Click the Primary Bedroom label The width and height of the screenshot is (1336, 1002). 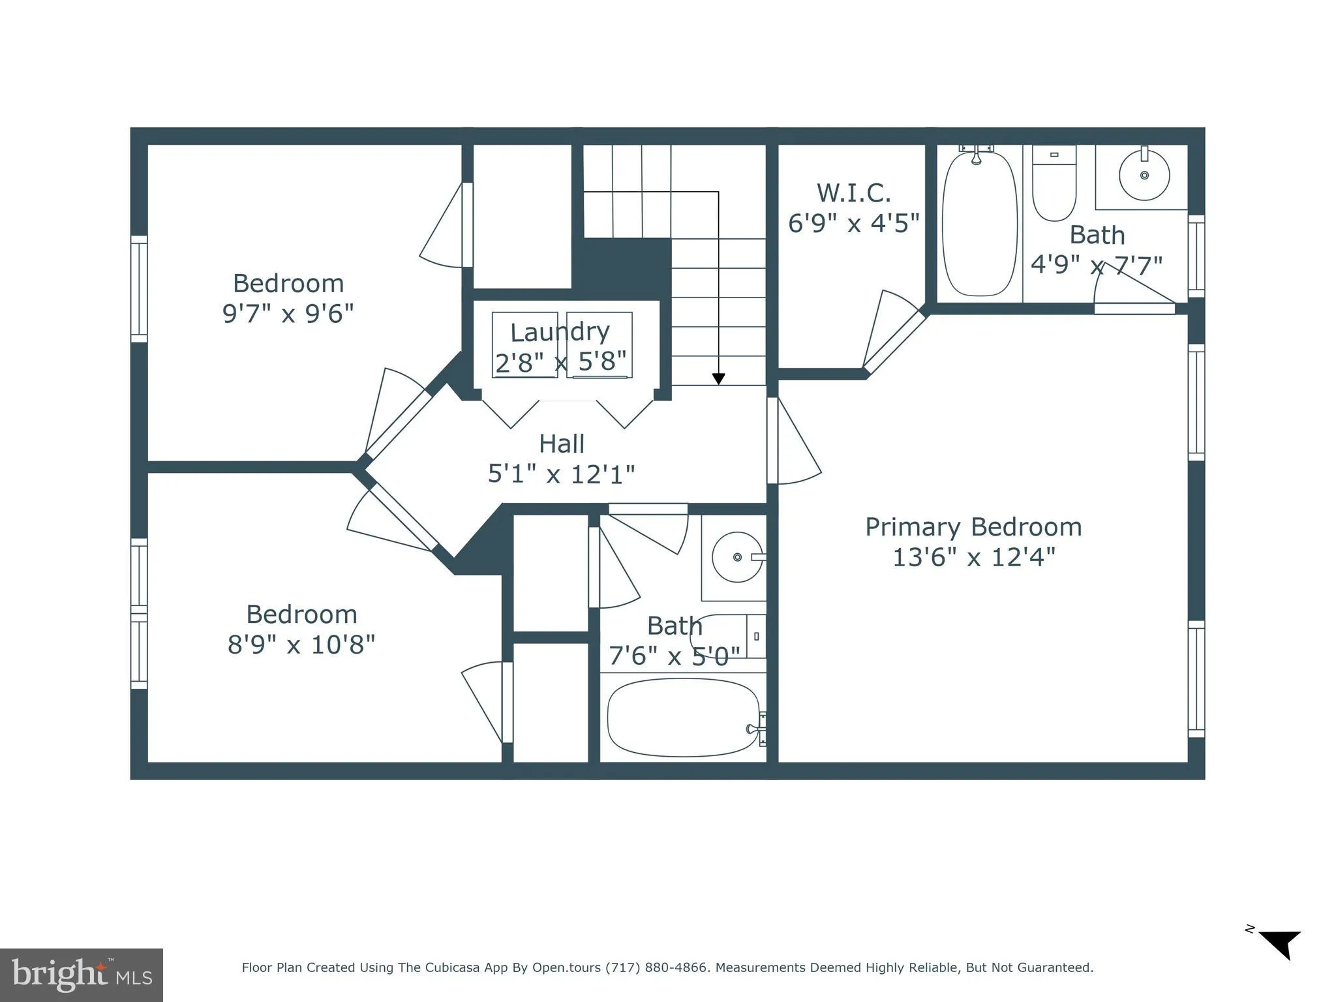pyautogui.click(x=973, y=527)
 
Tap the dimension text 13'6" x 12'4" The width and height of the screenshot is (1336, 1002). pyautogui.click(x=973, y=558)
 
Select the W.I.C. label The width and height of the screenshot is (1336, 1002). pyautogui.click(x=853, y=193)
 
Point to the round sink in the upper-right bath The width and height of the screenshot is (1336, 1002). pyautogui.click(x=1144, y=175)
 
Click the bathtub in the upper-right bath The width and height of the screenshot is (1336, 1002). pyautogui.click(x=979, y=223)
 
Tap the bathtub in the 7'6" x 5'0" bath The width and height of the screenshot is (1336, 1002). pyautogui.click(x=683, y=718)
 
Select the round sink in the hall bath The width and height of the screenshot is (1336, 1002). pyautogui.click(x=737, y=557)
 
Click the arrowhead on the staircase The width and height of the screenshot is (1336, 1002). pyautogui.click(x=718, y=378)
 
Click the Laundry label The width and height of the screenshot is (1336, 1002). pyautogui.click(x=560, y=332)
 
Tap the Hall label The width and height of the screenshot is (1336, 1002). pyautogui.click(x=561, y=444)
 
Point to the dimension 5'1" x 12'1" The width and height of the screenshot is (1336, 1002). pyautogui.click(x=561, y=474)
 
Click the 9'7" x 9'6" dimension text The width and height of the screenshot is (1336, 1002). pyautogui.click(x=288, y=314)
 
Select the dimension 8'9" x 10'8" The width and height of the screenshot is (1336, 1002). pyautogui.click(x=301, y=645)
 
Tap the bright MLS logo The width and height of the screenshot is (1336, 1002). pyautogui.click(x=82, y=975)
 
